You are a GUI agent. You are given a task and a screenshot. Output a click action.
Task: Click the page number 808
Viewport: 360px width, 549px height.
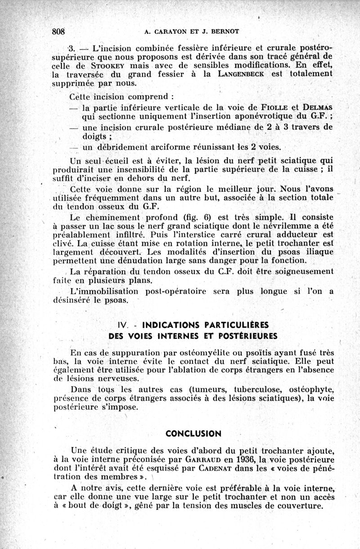[59, 32]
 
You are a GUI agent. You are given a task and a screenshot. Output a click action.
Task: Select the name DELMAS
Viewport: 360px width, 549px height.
[316, 107]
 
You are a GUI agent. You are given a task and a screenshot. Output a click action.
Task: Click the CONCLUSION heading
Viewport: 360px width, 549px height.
[193, 434]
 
